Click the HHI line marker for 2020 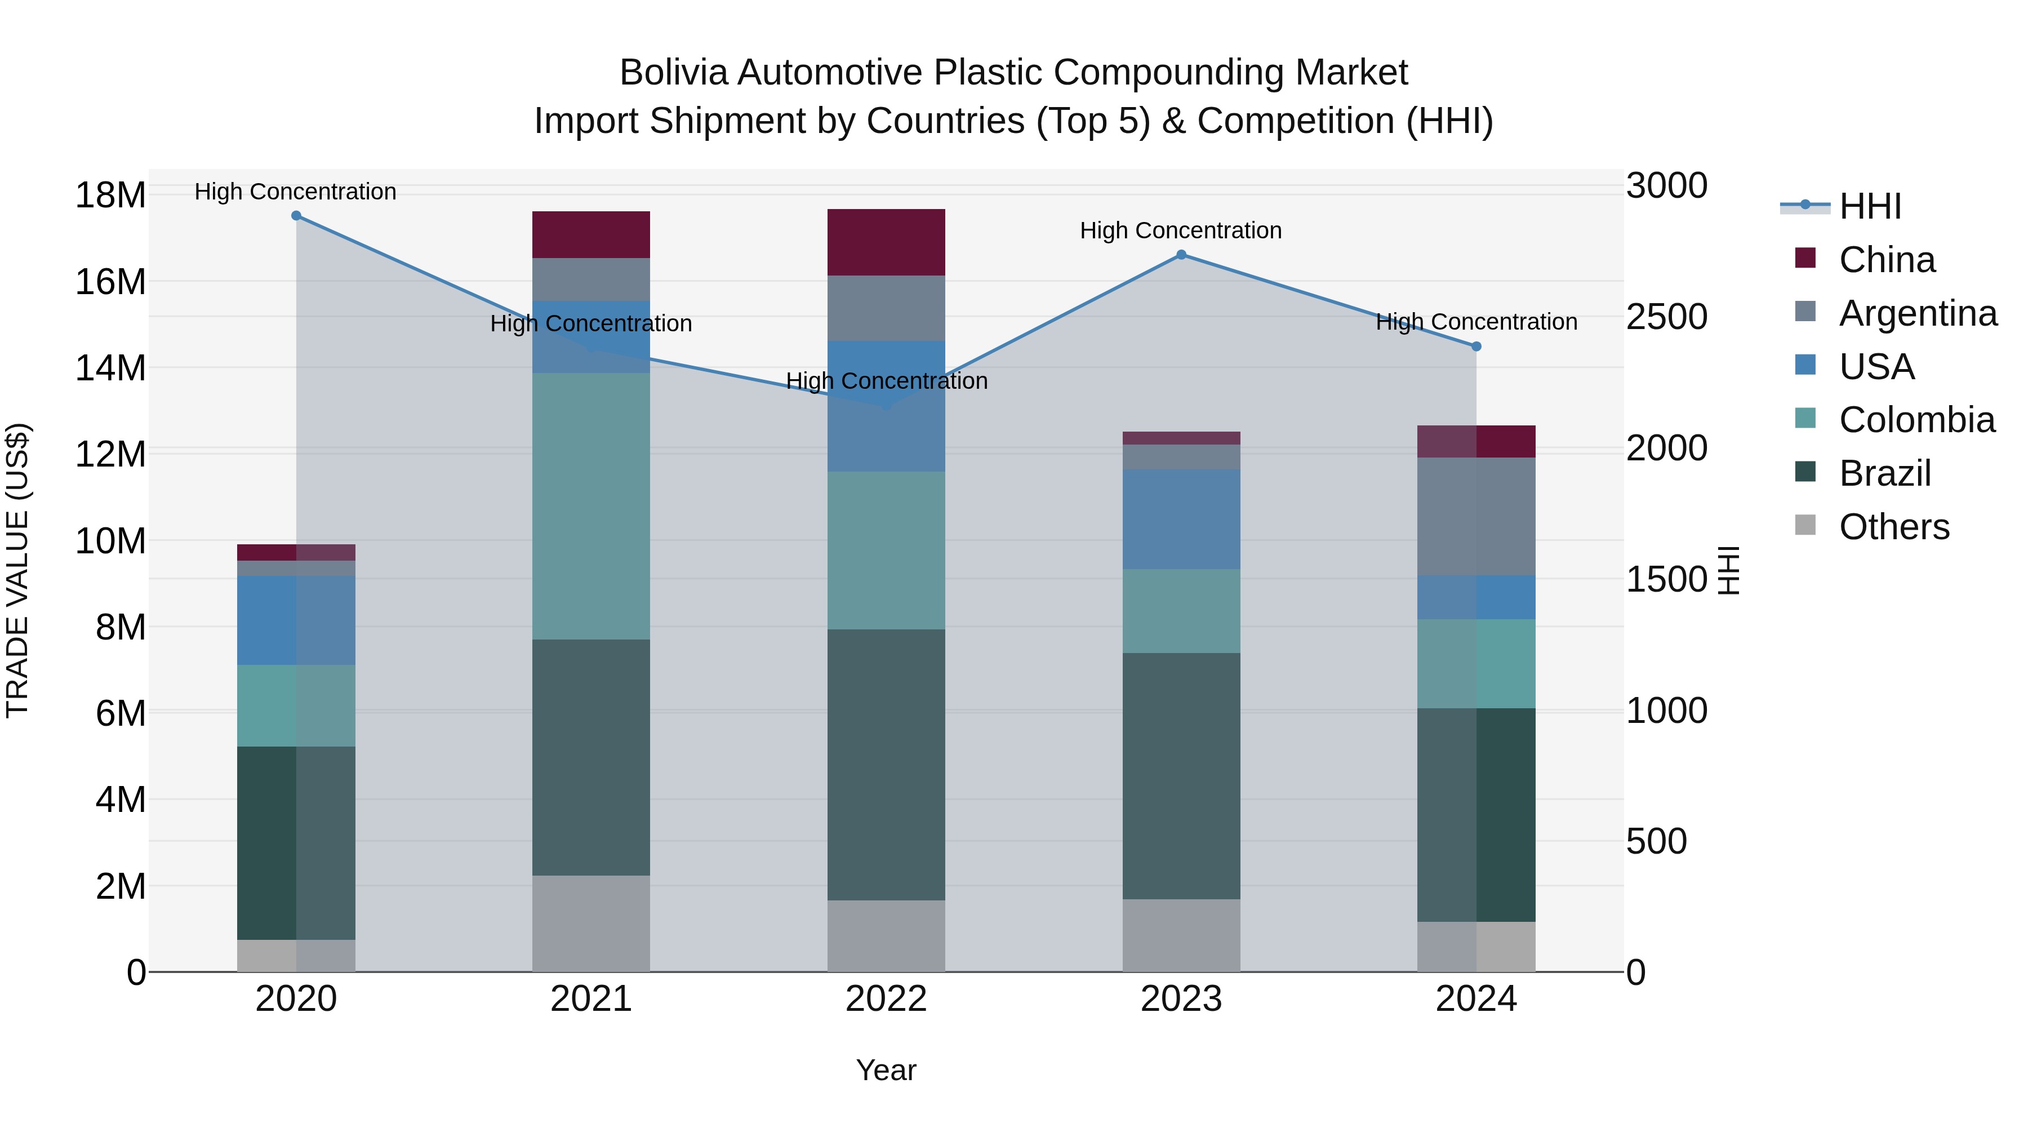pyautogui.click(x=296, y=216)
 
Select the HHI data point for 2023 pyautogui.click(x=1181, y=254)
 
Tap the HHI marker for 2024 pyautogui.click(x=1476, y=347)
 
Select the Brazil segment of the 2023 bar pyautogui.click(x=1181, y=776)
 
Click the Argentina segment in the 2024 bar pyautogui.click(x=1476, y=517)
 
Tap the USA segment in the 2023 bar pyautogui.click(x=1181, y=519)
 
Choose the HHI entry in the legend pyautogui.click(x=1869, y=206)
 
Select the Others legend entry pyautogui.click(x=1893, y=527)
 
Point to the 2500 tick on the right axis pyautogui.click(x=1667, y=317)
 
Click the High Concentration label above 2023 pyautogui.click(x=1180, y=230)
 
